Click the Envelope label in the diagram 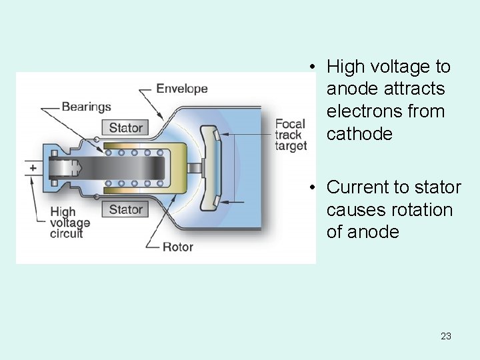tap(181, 89)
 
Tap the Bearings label tap(86, 107)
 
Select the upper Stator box tap(125, 127)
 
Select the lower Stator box tap(125, 209)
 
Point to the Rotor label tap(178, 247)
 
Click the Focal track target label tap(291, 135)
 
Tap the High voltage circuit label tap(70, 223)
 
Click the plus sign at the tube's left tap(32, 168)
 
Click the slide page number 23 tap(446, 336)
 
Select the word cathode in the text tap(359, 133)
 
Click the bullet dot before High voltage tap(311, 67)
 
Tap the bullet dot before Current tap(311, 187)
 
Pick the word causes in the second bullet tap(353, 209)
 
